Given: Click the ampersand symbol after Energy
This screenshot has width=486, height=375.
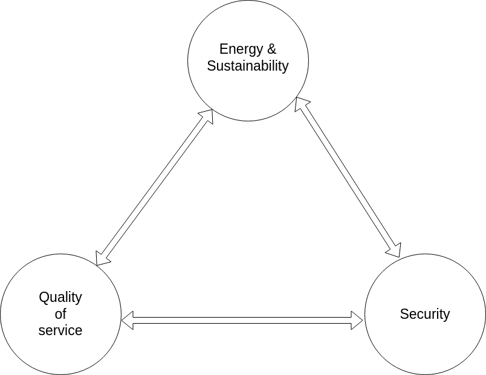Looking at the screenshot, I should (x=271, y=49).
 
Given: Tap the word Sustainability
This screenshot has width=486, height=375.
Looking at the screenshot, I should (x=248, y=66).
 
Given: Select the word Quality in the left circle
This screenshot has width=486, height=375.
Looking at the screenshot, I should (x=60, y=297).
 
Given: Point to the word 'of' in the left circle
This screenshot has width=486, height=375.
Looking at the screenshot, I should (x=60, y=314).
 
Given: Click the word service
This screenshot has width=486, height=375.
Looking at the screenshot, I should (x=60, y=330).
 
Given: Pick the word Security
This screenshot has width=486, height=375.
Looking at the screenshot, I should (x=425, y=314).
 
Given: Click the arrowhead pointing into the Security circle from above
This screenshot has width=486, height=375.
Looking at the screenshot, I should (x=395, y=250).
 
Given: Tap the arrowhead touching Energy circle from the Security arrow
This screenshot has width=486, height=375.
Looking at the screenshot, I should (x=300, y=104).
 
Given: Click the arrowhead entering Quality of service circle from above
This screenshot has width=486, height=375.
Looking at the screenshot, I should (x=103, y=258).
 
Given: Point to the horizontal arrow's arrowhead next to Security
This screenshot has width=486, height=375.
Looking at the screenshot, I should (x=357, y=320).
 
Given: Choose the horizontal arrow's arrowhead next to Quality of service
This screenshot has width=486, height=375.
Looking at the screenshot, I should (x=128, y=320).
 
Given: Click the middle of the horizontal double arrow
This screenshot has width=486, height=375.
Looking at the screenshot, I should (x=242, y=320).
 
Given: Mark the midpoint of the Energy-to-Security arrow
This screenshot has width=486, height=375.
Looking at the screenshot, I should (x=348, y=177).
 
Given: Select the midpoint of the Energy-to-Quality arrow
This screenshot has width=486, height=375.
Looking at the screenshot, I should (x=155, y=187).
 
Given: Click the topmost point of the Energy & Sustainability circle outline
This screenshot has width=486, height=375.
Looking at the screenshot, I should (x=248, y=1).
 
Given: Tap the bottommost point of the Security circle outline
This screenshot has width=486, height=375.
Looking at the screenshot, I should (x=425, y=374).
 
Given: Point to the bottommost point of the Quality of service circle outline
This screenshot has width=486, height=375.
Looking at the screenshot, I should (x=60, y=374).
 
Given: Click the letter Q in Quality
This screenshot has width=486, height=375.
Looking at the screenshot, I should (x=44, y=297).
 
